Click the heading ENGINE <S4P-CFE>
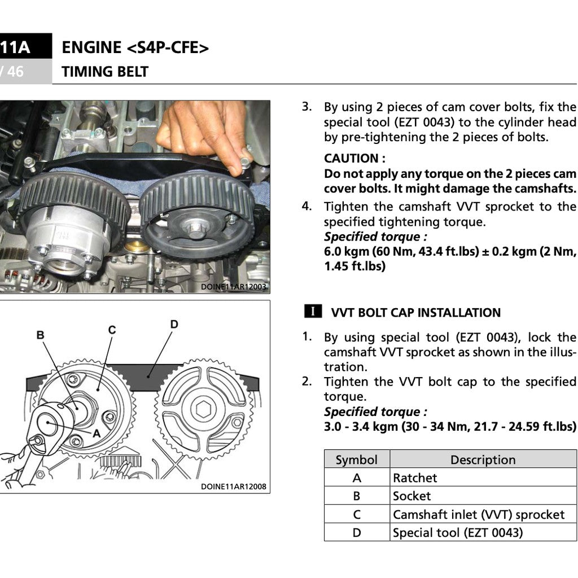(x=135, y=48)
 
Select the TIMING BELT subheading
(x=105, y=72)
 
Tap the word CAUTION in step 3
(x=351, y=159)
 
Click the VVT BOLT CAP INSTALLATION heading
(x=415, y=313)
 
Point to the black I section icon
(x=313, y=312)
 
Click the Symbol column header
(x=356, y=459)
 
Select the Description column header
(x=483, y=459)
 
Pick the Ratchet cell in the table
(x=415, y=478)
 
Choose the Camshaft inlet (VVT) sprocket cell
(x=478, y=515)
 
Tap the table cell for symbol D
(x=357, y=532)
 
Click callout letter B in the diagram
(x=40, y=335)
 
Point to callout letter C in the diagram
(x=112, y=330)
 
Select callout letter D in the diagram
(x=174, y=324)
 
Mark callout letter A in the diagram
(x=96, y=433)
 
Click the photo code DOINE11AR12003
(x=233, y=287)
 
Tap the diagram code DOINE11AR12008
(x=233, y=487)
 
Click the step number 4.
(x=306, y=205)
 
